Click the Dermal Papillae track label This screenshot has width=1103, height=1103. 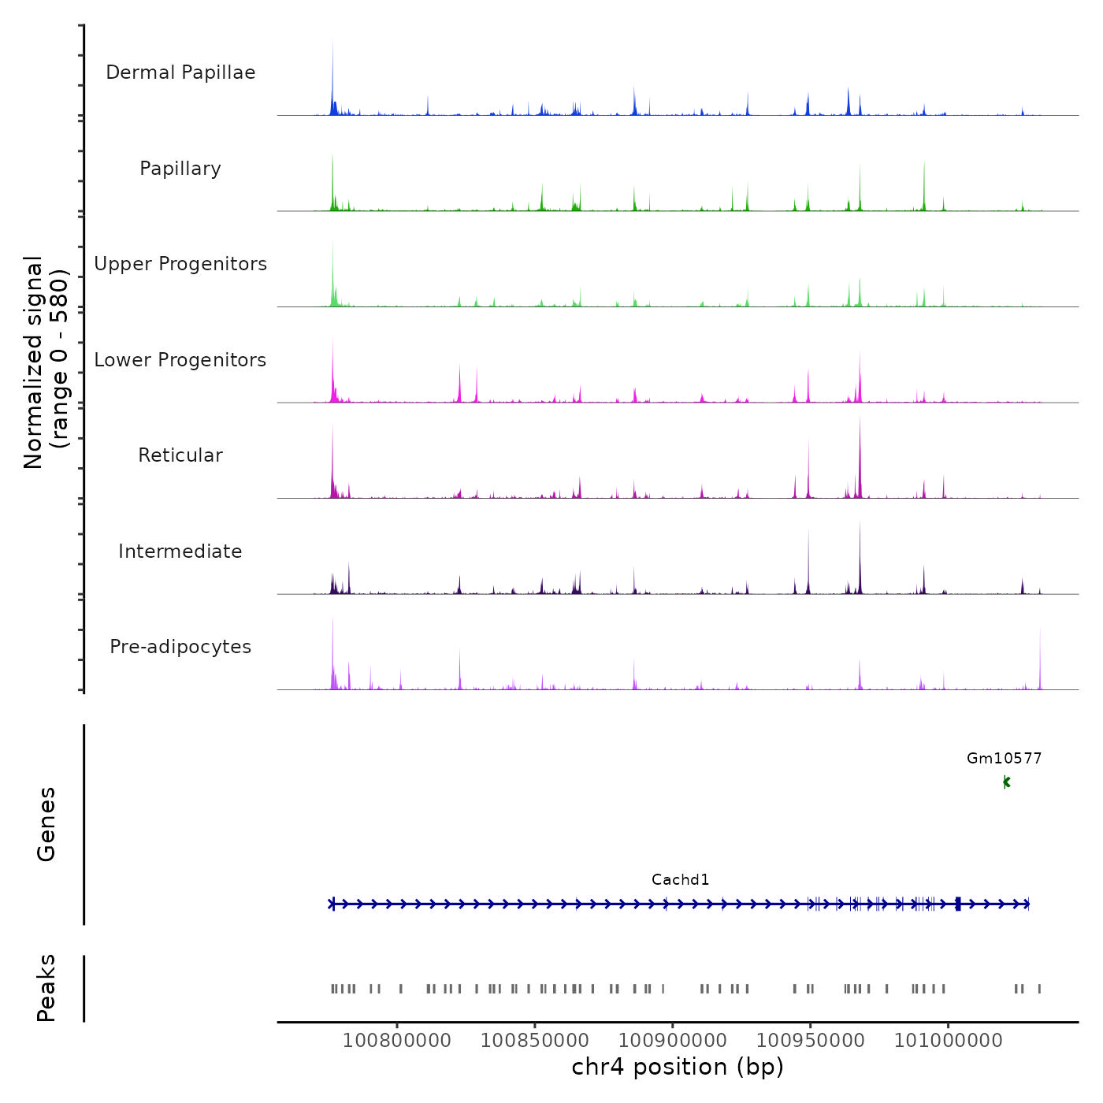180,72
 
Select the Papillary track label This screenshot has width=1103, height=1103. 180,169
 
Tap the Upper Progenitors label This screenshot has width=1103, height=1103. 180,264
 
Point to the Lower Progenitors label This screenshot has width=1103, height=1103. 180,360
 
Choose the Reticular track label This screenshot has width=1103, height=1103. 180,455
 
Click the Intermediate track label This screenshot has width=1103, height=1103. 180,551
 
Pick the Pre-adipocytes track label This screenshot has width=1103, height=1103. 180,647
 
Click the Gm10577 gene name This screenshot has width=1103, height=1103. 1004,759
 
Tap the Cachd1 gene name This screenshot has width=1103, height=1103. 680,880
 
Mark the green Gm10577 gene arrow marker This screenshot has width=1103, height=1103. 1006,782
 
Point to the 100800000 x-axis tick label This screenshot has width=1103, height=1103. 397,1041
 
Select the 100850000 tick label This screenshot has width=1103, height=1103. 535,1041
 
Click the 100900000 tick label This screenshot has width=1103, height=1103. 673,1041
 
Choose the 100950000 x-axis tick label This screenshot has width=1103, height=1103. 811,1041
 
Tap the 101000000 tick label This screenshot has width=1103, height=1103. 949,1041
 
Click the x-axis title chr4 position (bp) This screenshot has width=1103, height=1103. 678,1068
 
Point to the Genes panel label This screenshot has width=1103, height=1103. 46,824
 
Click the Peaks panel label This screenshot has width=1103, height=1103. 46,988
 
